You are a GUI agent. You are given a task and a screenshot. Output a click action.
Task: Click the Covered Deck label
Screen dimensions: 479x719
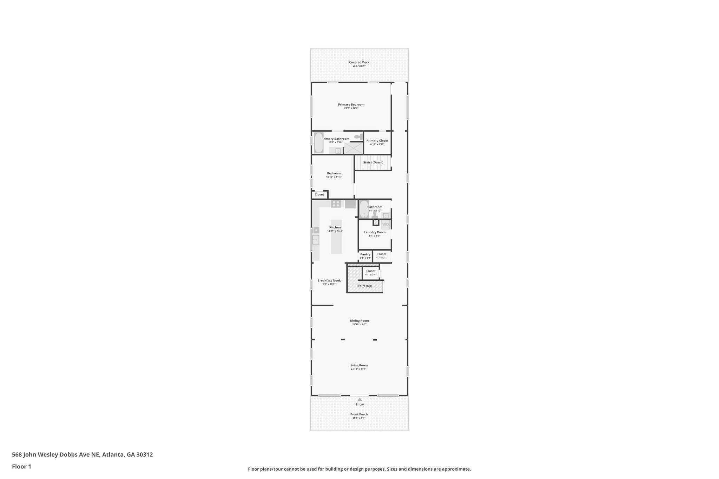359,62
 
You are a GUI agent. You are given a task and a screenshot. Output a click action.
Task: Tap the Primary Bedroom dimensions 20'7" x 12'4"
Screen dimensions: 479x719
351,108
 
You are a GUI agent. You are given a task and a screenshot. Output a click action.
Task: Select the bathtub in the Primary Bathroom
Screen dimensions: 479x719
318,143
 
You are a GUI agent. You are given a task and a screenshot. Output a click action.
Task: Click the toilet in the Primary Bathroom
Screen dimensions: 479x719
358,137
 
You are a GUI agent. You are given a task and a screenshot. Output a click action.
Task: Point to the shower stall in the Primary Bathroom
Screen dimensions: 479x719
353,148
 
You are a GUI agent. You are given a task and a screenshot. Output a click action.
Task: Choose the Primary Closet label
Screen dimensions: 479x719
377,141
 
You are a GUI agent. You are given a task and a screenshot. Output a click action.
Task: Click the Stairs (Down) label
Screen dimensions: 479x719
373,162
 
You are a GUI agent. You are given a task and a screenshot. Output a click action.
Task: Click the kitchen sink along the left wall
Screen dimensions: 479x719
316,240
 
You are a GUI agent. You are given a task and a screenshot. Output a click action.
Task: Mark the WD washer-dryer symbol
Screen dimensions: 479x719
385,225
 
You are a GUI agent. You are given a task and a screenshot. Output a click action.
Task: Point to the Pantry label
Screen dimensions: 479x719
365,254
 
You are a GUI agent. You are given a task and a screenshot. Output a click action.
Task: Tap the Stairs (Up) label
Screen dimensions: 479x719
364,286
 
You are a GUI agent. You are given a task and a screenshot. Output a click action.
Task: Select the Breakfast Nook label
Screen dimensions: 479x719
329,280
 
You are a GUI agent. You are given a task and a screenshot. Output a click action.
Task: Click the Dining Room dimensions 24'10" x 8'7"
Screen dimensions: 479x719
359,325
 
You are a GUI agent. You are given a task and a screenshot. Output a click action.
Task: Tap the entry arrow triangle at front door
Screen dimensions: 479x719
359,399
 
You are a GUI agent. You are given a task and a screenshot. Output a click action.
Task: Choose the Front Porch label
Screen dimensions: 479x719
359,414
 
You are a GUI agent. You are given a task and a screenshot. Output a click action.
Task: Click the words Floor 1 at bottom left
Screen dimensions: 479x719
21,467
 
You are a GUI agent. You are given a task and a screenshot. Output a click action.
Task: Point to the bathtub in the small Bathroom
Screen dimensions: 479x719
364,209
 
